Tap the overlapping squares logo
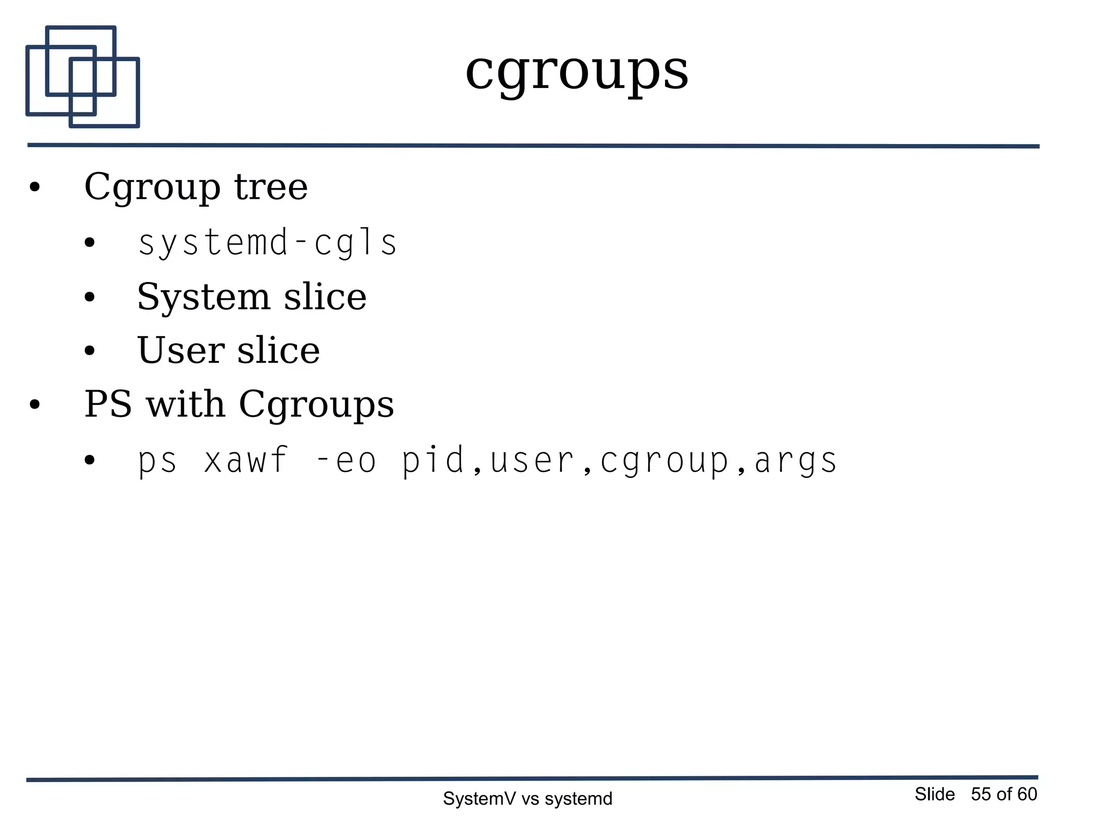point(83,77)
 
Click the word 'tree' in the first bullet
point(271,187)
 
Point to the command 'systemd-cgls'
point(267,243)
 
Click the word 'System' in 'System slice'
point(203,297)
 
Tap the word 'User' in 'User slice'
point(180,350)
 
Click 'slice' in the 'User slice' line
point(278,350)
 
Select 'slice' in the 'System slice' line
point(325,297)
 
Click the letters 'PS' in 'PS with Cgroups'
point(108,404)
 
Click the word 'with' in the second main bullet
point(185,404)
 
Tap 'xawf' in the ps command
point(246,461)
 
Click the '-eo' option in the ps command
point(346,461)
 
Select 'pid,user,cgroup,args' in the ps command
point(620,461)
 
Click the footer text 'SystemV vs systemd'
point(527,799)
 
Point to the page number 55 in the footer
point(981,794)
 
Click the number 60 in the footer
point(1027,794)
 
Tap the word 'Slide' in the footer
point(935,794)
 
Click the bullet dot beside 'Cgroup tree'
point(35,188)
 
